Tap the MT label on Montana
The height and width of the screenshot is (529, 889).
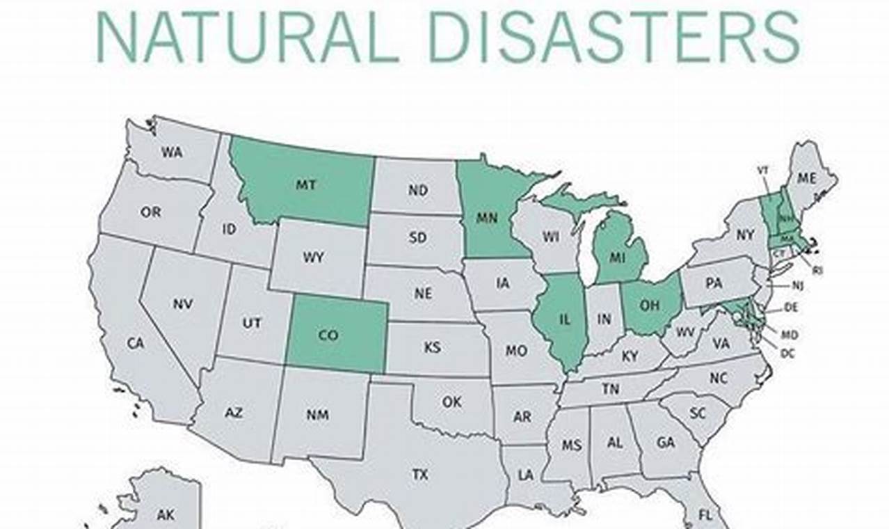tap(306, 185)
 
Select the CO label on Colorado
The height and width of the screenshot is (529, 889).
tap(328, 335)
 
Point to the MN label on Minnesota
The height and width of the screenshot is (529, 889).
tap(487, 218)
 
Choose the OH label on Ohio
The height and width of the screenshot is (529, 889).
tap(649, 304)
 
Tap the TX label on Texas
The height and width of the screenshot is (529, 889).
tap(419, 475)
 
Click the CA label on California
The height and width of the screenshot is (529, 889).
tap(135, 343)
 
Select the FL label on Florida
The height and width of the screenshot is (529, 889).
tap(705, 516)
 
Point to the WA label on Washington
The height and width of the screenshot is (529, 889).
tap(171, 152)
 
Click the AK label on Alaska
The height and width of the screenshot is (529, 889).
tap(166, 515)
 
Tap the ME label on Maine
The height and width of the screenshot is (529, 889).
tap(806, 178)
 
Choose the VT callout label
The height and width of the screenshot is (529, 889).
tap(762, 171)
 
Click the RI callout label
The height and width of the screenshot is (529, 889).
tap(817, 270)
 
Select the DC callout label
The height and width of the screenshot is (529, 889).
tap(787, 354)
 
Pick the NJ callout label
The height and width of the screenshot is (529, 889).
tap(797, 285)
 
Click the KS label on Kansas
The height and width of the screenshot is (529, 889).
tap(433, 347)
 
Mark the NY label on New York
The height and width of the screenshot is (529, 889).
tap(745, 235)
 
